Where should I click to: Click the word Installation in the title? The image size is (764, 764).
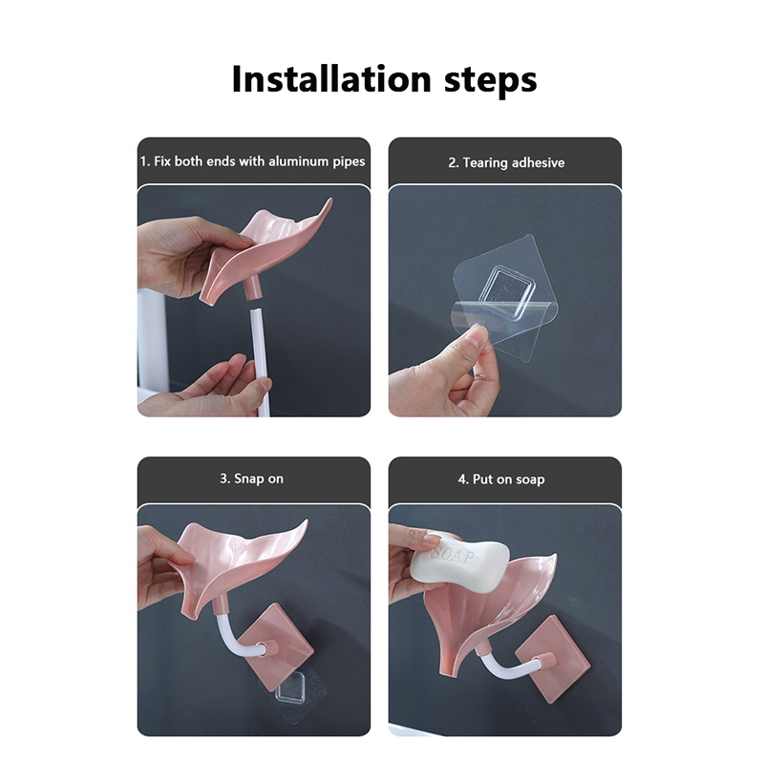click(x=331, y=78)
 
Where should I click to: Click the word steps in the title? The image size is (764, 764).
click(x=490, y=81)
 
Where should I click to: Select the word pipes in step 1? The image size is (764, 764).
click(x=349, y=162)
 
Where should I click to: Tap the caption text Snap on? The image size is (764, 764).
click(x=251, y=479)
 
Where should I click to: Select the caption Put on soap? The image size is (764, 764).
click(x=501, y=479)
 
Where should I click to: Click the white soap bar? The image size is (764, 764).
click(x=459, y=562)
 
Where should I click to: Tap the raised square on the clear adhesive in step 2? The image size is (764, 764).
click(x=508, y=289)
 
